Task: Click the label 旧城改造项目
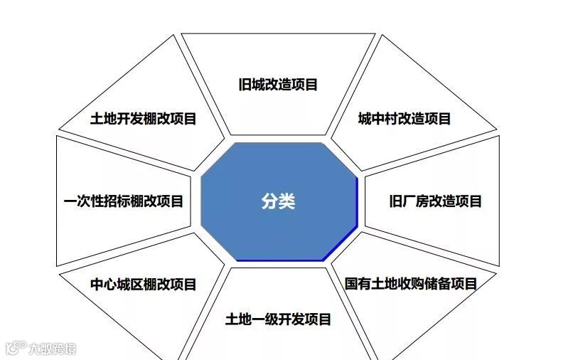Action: click(x=278, y=85)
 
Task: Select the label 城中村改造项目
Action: click(x=404, y=119)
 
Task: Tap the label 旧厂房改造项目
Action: click(x=435, y=201)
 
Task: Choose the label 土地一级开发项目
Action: click(x=278, y=319)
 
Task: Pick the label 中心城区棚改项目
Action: click(x=143, y=285)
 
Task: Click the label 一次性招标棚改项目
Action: click(x=123, y=201)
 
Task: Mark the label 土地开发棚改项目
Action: click(x=143, y=119)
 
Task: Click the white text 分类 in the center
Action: click(x=277, y=201)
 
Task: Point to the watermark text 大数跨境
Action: click(x=52, y=349)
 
